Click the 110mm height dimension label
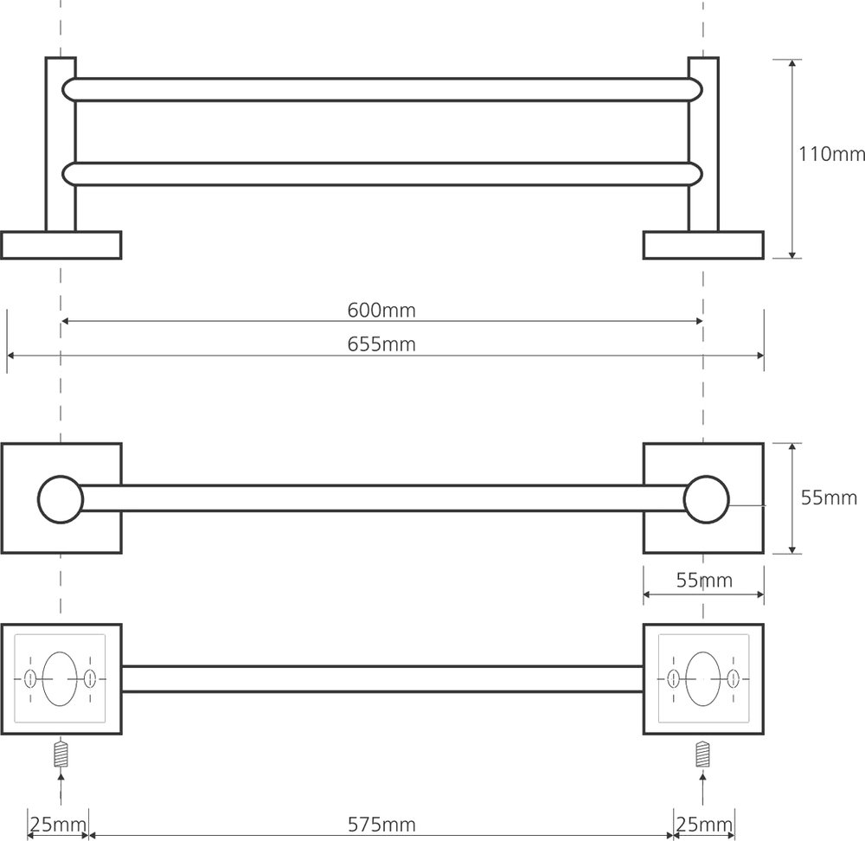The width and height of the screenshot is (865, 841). click(x=831, y=154)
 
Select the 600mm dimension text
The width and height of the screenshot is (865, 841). click(x=381, y=310)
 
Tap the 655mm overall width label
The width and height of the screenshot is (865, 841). click(x=381, y=344)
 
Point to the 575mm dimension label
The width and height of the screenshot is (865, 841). click(x=381, y=825)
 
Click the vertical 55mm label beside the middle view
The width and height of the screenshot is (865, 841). click(x=829, y=498)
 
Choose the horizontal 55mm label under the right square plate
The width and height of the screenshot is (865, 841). click(x=704, y=580)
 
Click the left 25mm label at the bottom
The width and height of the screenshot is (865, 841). click(x=58, y=825)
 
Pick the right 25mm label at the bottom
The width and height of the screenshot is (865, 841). click(x=704, y=825)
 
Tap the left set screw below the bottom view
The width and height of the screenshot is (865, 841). click(x=61, y=754)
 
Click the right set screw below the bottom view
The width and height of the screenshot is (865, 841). click(x=702, y=754)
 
